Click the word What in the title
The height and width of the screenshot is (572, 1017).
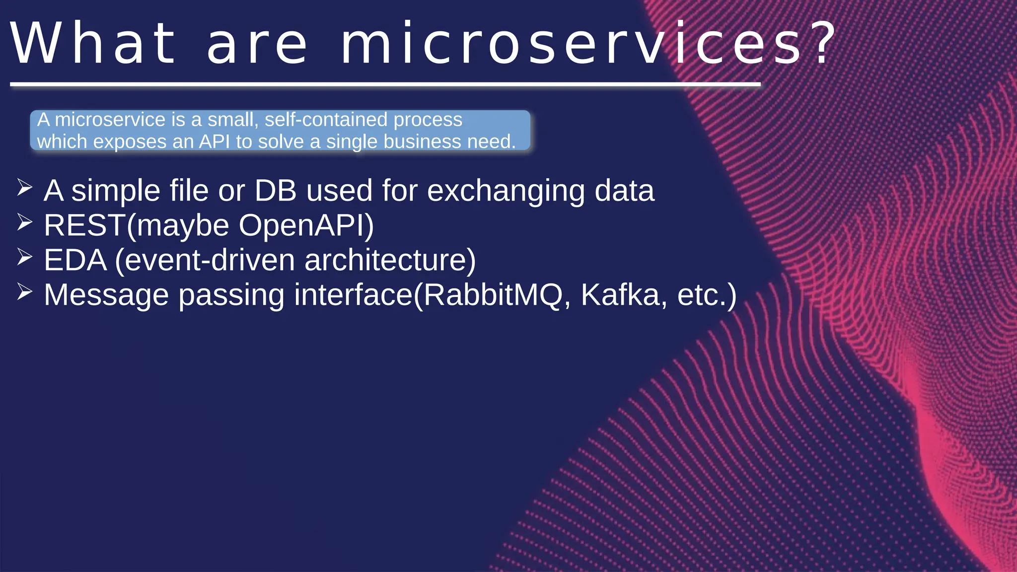pyautogui.click(x=93, y=44)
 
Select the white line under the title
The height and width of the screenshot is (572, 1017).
pyautogui.click(x=385, y=85)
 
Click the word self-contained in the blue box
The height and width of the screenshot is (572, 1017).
pyautogui.click(x=326, y=120)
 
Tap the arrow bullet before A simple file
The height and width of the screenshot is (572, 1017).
pyautogui.click(x=24, y=188)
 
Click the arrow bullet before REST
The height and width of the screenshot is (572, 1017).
pyautogui.click(x=24, y=222)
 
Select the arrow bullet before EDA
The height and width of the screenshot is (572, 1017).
pyautogui.click(x=24, y=257)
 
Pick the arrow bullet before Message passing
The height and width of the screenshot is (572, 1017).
pyautogui.click(x=24, y=292)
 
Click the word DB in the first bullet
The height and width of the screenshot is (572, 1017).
pyautogui.click(x=276, y=191)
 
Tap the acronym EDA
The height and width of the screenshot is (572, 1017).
pyautogui.click(x=75, y=260)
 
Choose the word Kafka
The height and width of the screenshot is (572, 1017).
pyautogui.click(x=620, y=295)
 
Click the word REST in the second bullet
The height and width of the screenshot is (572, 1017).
pyautogui.click(x=84, y=225)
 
